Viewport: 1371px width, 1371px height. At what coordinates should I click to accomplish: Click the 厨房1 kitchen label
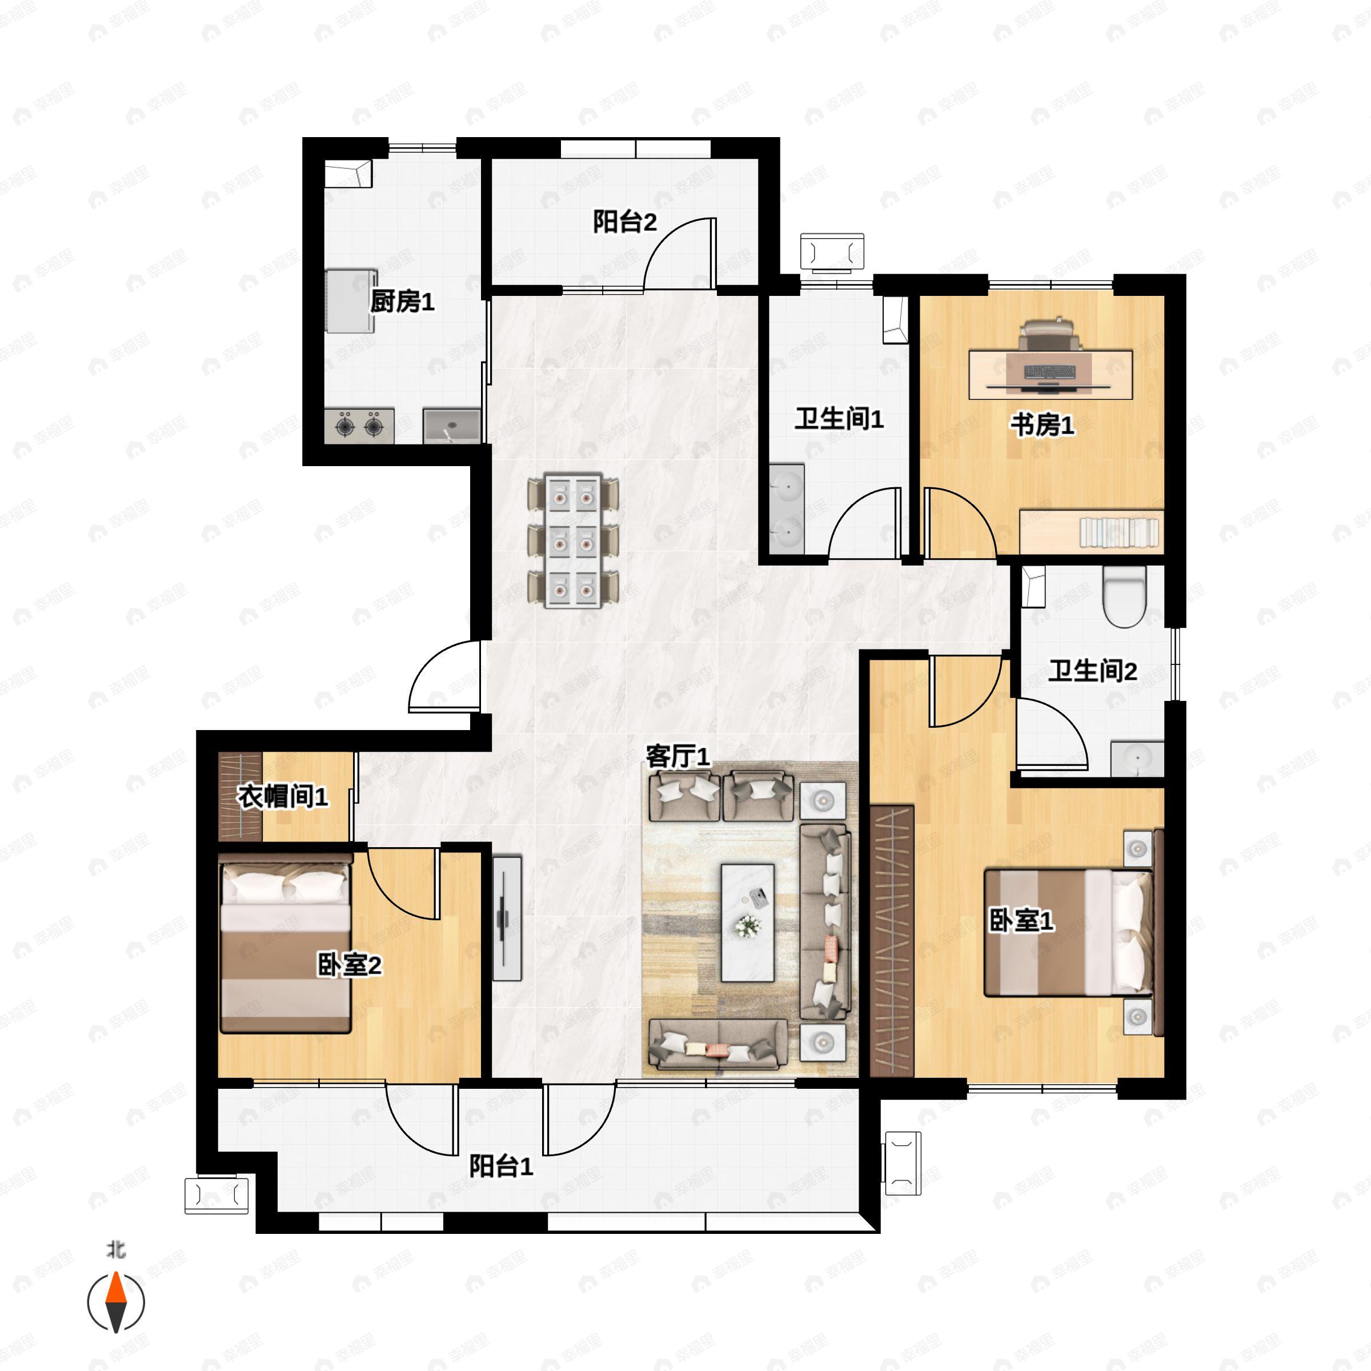tap(402, 302)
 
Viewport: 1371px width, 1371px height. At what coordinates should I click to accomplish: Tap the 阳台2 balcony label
tap(624, 222)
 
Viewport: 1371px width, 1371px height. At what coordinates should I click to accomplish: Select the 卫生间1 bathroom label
tap(839, 419)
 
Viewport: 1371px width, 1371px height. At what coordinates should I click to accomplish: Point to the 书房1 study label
tap(1043, 424)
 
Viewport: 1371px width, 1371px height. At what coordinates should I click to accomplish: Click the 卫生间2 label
tap(1093, 671)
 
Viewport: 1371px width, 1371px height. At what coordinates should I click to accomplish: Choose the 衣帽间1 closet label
tap(282, 796)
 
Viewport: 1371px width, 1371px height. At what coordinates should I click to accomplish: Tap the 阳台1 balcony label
tap(501, 1166)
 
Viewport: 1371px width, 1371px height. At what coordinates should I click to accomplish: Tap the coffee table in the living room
tap(747, 922)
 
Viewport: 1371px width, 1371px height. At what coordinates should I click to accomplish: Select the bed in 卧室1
tap(1069, 932)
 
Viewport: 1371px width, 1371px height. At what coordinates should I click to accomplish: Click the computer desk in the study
tap(1051, 375)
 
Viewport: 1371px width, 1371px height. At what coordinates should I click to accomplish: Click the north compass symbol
tap(115, 1301)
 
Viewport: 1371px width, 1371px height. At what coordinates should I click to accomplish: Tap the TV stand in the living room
tap(507, 918)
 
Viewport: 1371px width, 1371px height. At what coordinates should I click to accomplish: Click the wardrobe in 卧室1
tap(892, 940)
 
